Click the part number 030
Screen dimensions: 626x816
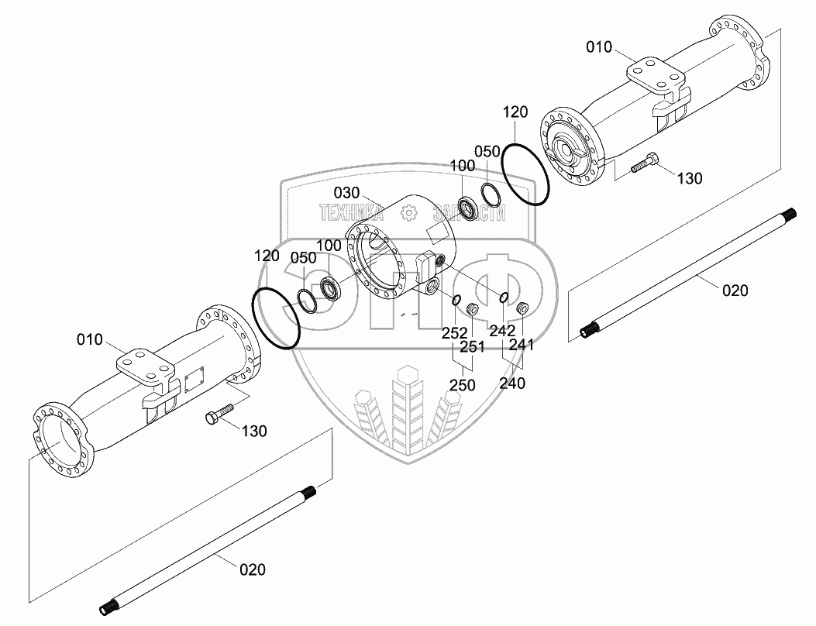346,192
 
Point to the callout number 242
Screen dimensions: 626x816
501,330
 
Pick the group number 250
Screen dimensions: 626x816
462,384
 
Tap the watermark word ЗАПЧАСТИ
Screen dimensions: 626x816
470,212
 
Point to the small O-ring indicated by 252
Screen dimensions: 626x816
457,301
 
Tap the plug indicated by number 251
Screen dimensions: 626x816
470,311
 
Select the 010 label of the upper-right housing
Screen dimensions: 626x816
598,48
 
